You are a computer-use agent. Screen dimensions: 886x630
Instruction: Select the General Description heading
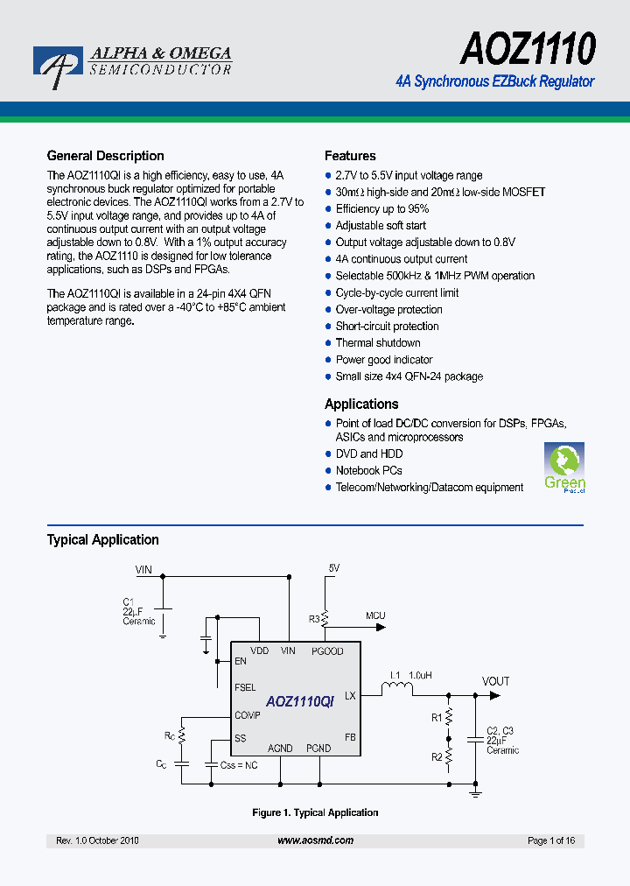[x=105, y=156]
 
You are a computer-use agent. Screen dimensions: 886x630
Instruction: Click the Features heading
[x=350, y=156]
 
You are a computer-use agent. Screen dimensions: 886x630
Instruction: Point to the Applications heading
[x=361, y=404]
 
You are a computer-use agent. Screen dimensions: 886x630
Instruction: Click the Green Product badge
[x=564, y=468]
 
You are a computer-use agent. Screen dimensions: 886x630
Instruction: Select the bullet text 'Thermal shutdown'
[x=378, y=343]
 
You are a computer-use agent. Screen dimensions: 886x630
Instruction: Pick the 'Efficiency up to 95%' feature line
[x=382, y=209]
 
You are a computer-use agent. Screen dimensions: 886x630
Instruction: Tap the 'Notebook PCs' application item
[x=368, y=470]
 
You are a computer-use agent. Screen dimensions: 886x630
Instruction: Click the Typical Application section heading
[x=102, y=539]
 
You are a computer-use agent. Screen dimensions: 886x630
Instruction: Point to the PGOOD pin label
[x=327, y=651]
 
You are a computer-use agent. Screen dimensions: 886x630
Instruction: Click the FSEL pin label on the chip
[x=245, y=688]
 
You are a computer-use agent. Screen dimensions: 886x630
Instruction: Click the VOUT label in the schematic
[x=495, y=681]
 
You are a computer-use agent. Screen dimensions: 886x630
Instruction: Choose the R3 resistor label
[x=314, y=619]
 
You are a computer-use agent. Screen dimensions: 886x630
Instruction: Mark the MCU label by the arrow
[x=375, y=615]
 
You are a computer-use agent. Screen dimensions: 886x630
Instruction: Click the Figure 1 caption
[x=315, y=812]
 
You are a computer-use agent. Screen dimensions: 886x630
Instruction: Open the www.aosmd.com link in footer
[x=315, y=840]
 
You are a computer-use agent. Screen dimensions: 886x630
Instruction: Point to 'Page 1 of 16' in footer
[x=551, y=840]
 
